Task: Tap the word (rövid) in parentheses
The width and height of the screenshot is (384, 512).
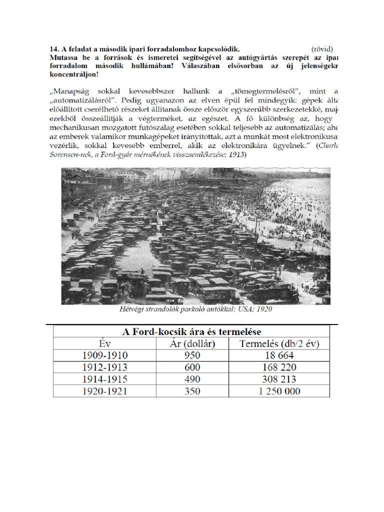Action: click(322, 49)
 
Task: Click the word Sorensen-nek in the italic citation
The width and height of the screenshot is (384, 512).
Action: click(69, 154)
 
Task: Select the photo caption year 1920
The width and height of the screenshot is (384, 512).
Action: click(262, 309)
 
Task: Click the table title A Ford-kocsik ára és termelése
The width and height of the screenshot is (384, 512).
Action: click(191, 331)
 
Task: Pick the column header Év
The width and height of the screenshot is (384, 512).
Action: click(104, 343)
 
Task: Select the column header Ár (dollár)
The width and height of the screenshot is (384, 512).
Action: click(192, 343)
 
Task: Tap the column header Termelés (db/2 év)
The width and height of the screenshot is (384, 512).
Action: click(279, 343)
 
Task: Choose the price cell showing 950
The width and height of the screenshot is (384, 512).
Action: click(192, 355)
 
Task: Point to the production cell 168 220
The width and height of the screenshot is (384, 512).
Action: click(278, 367)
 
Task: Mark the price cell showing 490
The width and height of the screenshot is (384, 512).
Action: click(192, 379)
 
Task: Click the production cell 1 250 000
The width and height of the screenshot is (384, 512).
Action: click(279, 391)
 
